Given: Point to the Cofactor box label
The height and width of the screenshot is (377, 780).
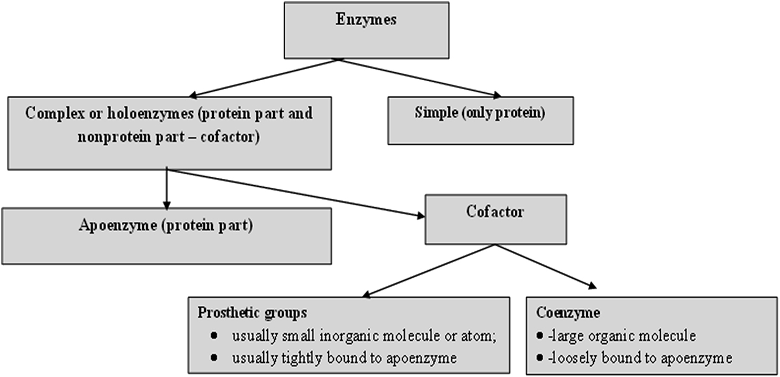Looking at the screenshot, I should (x=495, y=212).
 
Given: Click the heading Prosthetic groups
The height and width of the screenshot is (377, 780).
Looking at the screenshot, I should (x=252, y=313).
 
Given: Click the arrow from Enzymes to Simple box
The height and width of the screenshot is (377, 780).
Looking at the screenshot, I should (x=420, y=78).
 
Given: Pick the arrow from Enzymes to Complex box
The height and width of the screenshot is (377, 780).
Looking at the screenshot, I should (x=263, y=78).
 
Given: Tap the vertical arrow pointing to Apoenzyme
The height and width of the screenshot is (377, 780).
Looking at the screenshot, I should (x=167, y=189).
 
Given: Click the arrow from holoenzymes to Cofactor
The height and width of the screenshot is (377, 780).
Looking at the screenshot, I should (x=294, y=192).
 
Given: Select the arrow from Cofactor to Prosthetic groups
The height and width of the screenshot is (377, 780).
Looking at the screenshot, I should (x=431, y=271).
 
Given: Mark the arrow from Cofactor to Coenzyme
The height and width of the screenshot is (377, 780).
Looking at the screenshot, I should (x=552, y=267).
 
